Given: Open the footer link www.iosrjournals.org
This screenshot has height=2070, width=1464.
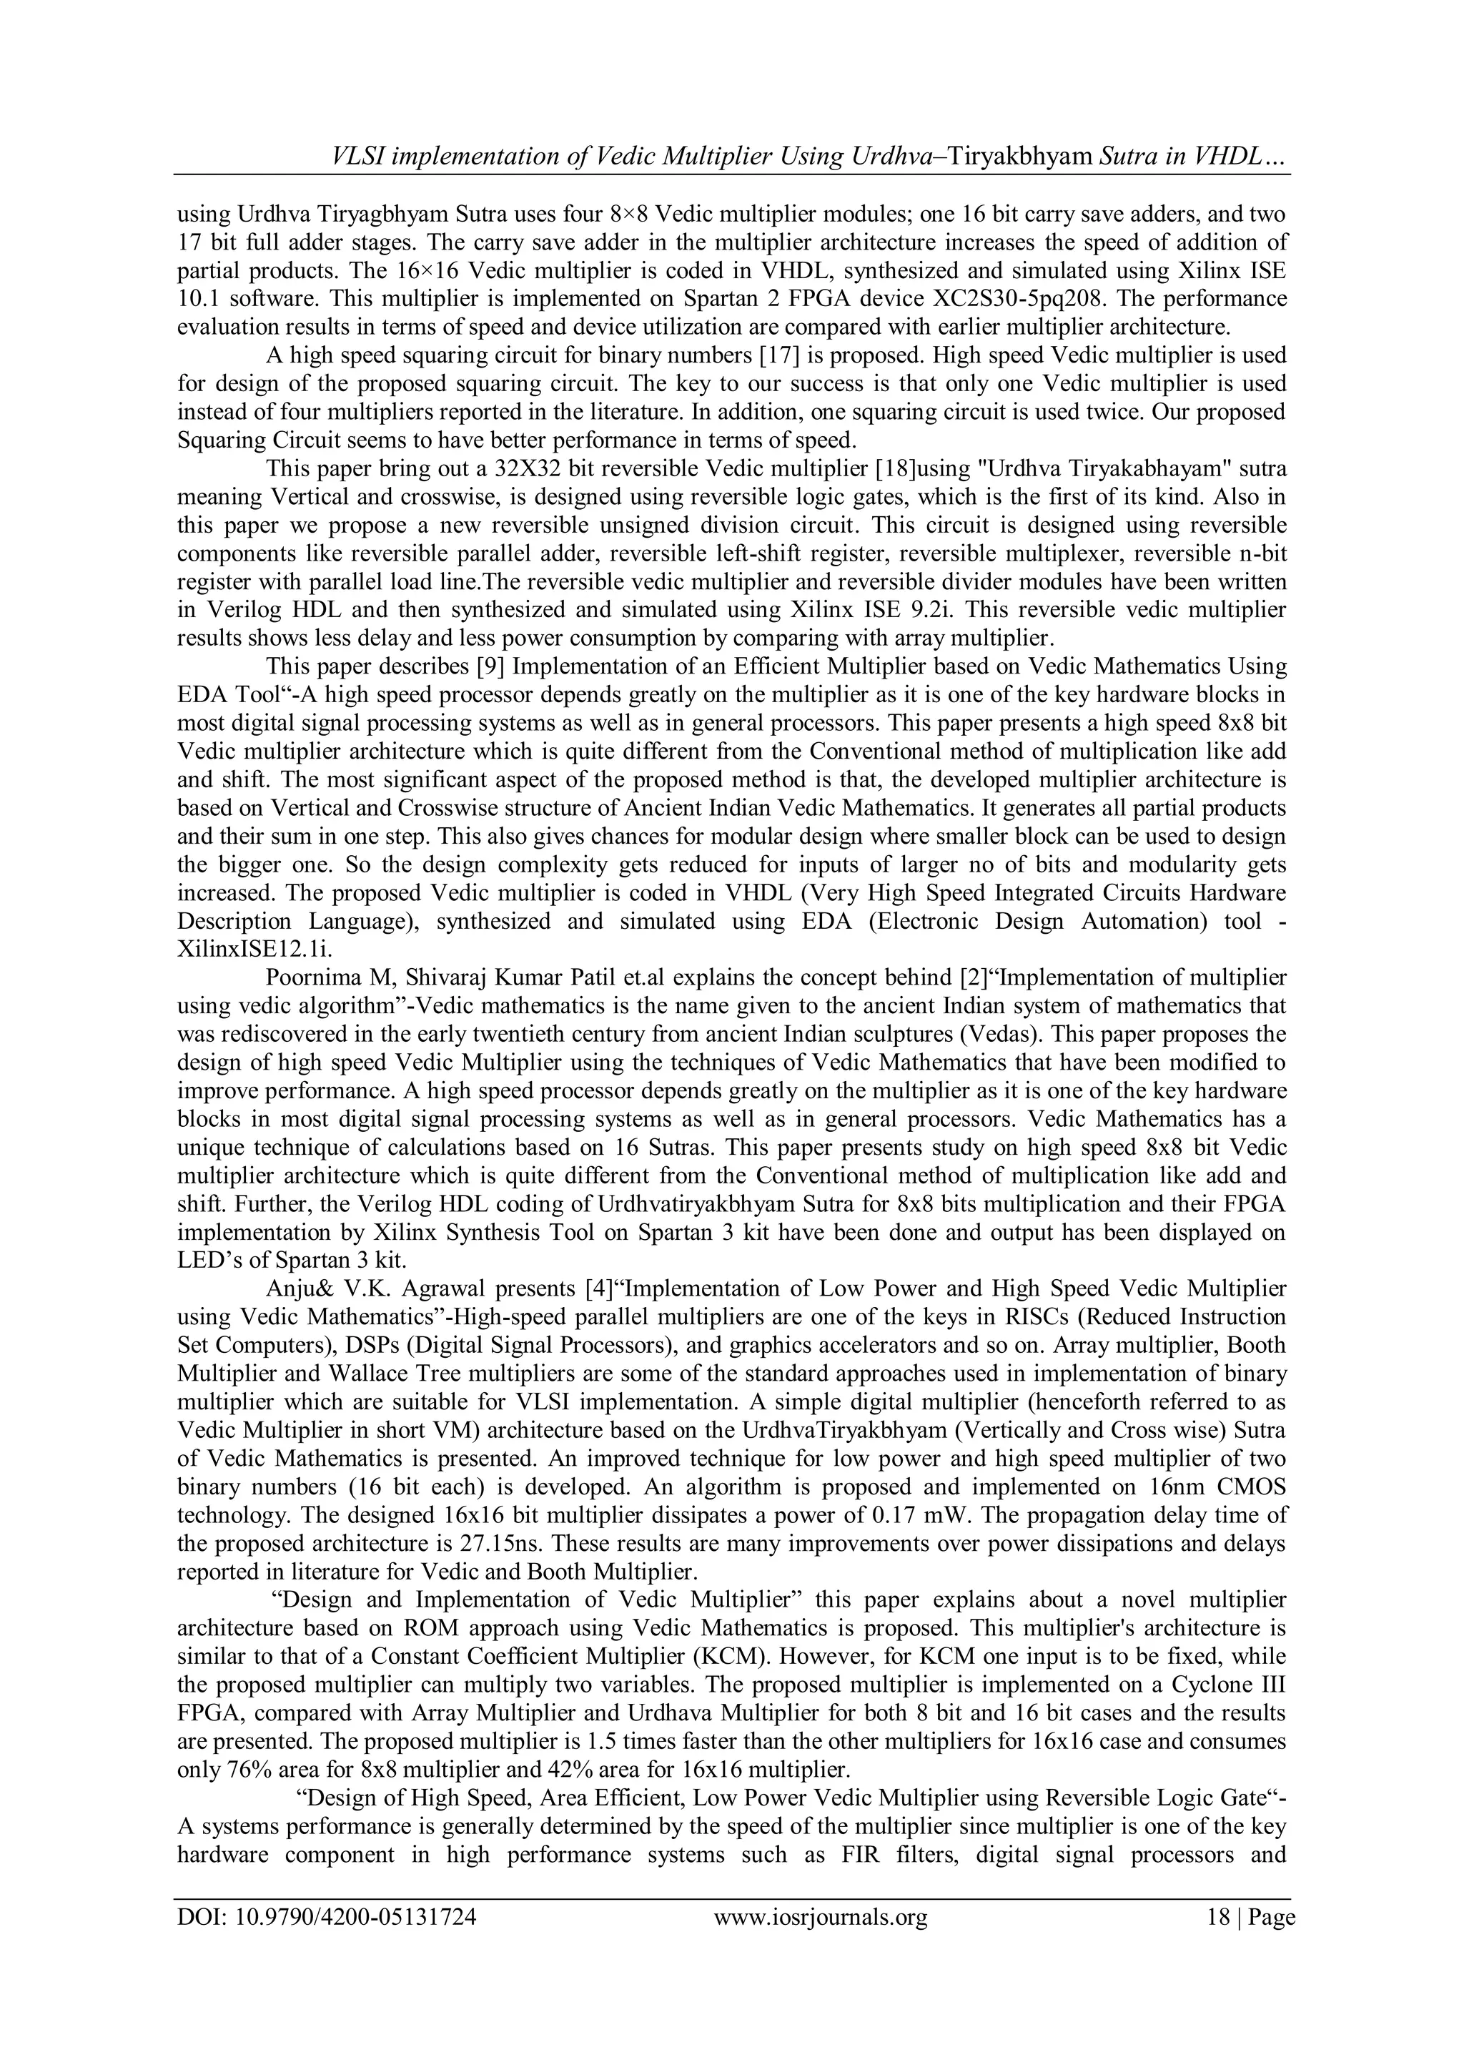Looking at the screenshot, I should tap(821, 1911).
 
